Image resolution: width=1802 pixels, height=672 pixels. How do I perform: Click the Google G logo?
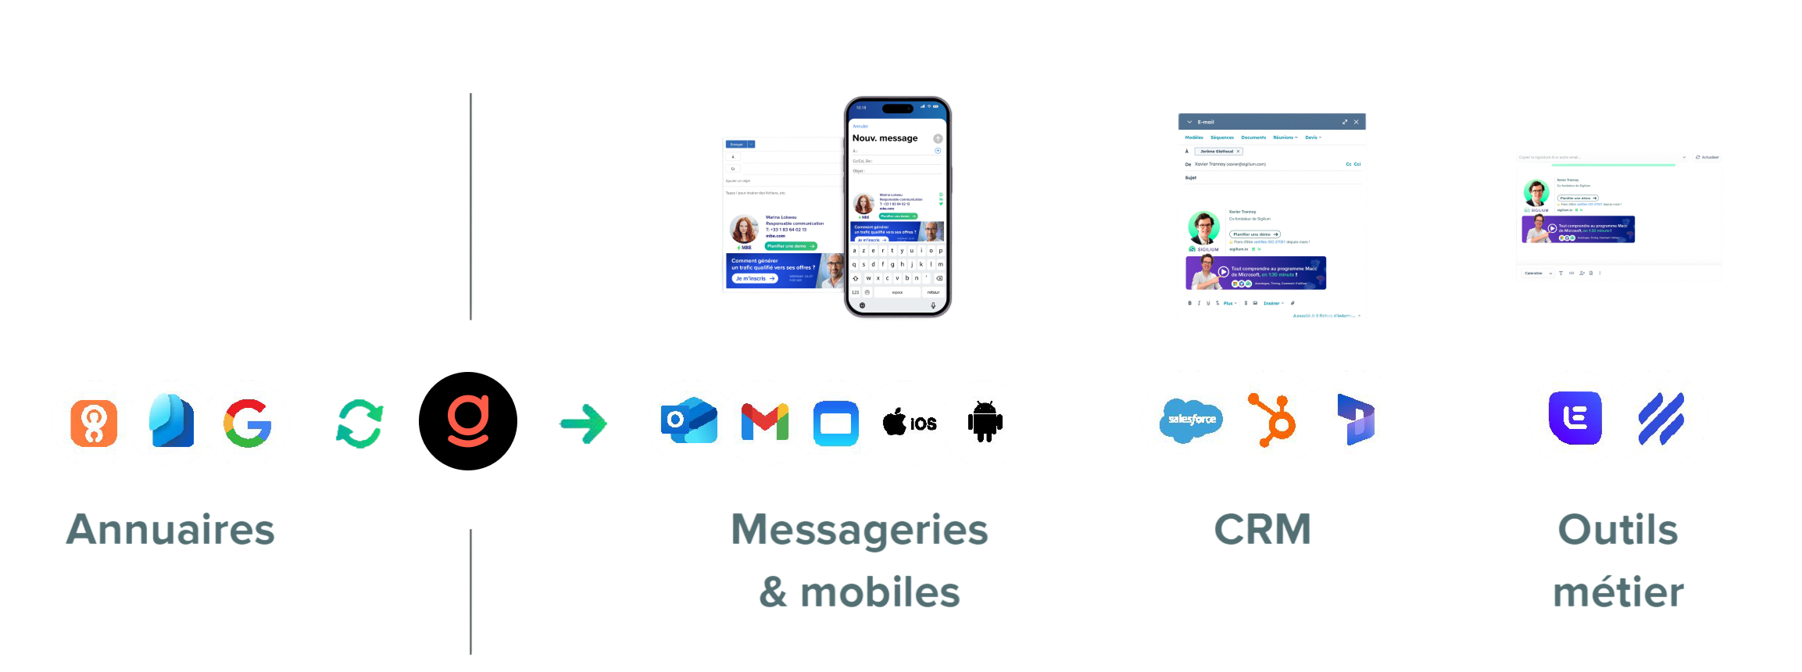[x=248, y=424]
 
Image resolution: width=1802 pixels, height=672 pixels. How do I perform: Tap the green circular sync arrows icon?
[x=359, y=424]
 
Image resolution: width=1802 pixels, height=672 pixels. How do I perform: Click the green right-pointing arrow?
[x=583, y=424]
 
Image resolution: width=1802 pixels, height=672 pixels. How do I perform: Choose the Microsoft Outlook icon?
[x=688, y=423]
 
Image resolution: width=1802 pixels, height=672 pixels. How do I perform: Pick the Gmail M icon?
[x=764, y=423]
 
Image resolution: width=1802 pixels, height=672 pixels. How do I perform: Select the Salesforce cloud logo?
[x=1192, y=420]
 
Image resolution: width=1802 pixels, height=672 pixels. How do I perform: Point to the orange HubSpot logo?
[x=1273, y=420]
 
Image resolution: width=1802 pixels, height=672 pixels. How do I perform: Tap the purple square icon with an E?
[x=1575, y=418]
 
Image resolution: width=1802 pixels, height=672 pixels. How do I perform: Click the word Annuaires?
[x=171, y=530]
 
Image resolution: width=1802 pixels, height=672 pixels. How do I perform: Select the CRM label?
[x=1262, y=530]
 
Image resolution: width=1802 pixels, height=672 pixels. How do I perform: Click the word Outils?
[x=1618, y=530]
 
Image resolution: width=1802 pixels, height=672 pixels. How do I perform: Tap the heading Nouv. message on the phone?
[x=885, y=138]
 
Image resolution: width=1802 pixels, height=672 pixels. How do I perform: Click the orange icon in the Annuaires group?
[x=95, y=423]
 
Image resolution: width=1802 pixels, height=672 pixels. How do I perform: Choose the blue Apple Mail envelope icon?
[x=835, y=424]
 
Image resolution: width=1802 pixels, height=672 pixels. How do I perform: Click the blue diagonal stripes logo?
[x=1661, y=419]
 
